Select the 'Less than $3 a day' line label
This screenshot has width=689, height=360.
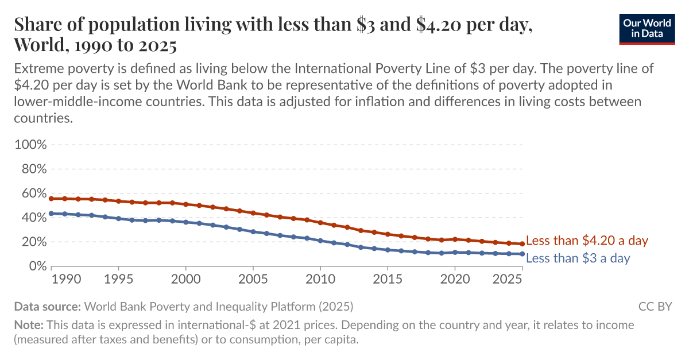(578, 258)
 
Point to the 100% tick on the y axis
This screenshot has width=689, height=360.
(30, 144)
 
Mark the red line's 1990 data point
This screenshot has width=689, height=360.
(52, 199)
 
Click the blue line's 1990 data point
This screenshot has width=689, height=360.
(52, 214)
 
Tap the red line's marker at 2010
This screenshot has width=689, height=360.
(320, 223)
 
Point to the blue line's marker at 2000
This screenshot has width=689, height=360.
(186, 222)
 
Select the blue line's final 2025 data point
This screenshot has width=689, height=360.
(522, 254)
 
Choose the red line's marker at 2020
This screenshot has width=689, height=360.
(455, 239)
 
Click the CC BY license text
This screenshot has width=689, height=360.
(655, 306)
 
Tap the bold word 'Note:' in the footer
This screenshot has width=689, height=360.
(29, 325)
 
